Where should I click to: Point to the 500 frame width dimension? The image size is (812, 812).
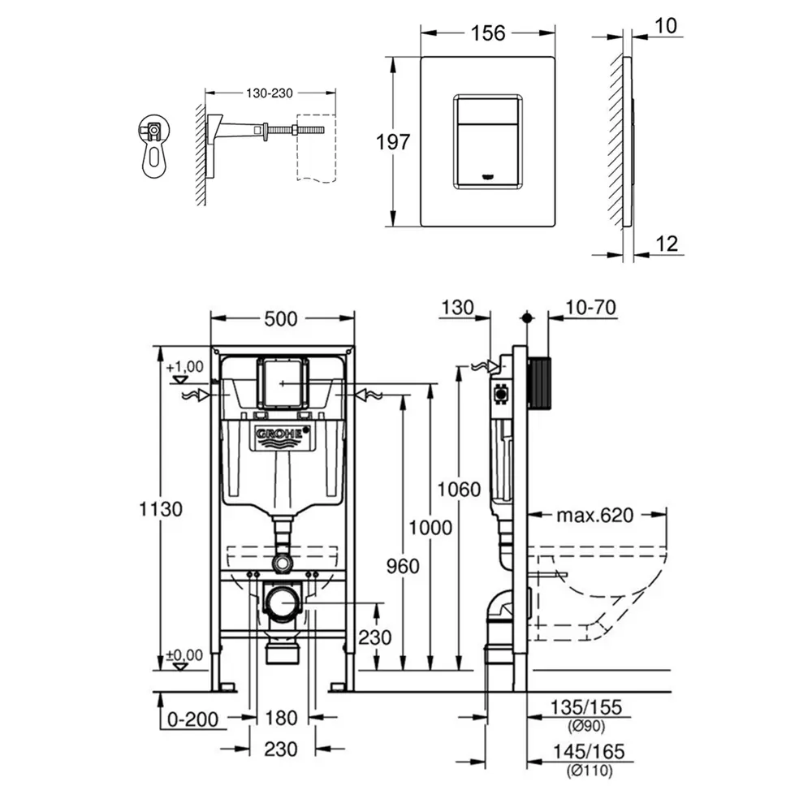(x=281, y=319)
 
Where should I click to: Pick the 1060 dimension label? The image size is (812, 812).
(x=459, y=489)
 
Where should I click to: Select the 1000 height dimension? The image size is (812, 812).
(x=430, y=527)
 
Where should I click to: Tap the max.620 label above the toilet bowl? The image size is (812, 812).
(x=594, y=514)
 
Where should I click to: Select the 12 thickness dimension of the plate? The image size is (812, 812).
(x=665, y=244)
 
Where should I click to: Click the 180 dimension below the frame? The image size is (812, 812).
(x=282, y=718)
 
